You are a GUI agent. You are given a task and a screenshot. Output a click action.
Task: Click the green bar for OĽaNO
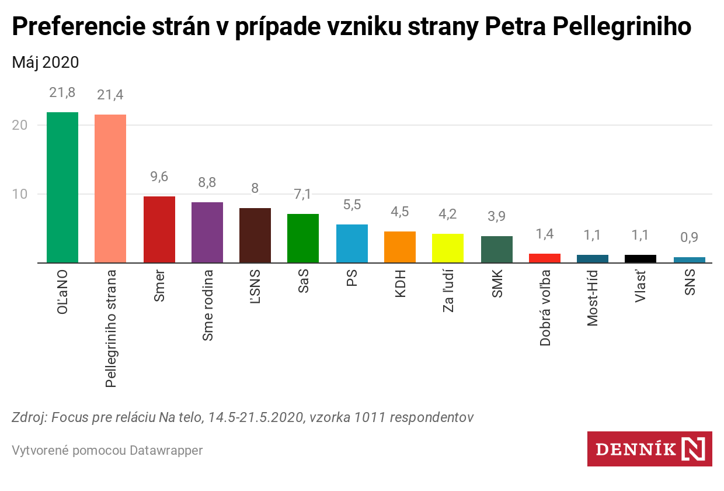[62, 187]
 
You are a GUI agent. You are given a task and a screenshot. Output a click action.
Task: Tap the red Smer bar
[159, 229]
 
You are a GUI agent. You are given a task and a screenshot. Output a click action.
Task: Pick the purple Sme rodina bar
[207, 232]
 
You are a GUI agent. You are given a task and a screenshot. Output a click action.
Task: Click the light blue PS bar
[351, 243]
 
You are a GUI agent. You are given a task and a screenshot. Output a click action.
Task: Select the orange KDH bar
[399, 247]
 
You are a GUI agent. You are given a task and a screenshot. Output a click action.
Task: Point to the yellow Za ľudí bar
[448, 248]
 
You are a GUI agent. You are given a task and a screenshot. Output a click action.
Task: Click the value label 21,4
[110, 95]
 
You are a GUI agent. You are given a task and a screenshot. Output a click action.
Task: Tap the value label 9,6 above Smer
[159, 177]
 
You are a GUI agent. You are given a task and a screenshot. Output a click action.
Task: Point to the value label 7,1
[303, 194]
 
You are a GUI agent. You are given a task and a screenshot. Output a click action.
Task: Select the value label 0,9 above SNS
[689, 237]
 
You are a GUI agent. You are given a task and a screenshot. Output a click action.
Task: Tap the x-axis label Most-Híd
[593, 298]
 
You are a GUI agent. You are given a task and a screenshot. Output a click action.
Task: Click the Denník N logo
[649, 449]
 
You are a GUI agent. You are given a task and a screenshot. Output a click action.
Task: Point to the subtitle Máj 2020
[46, 62]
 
